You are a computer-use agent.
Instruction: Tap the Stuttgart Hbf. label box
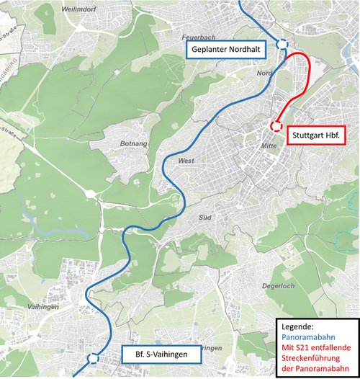click(x=317, y=135)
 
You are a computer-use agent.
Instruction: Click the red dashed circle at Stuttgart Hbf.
click(x=275, y=126)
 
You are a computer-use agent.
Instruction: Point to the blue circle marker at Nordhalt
click(x=282, y=45)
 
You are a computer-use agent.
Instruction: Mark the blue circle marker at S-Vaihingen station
click(x=92, y=357)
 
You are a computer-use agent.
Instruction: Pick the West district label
click(x=186, y=161)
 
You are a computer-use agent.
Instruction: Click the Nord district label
click(x=264, y=73)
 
